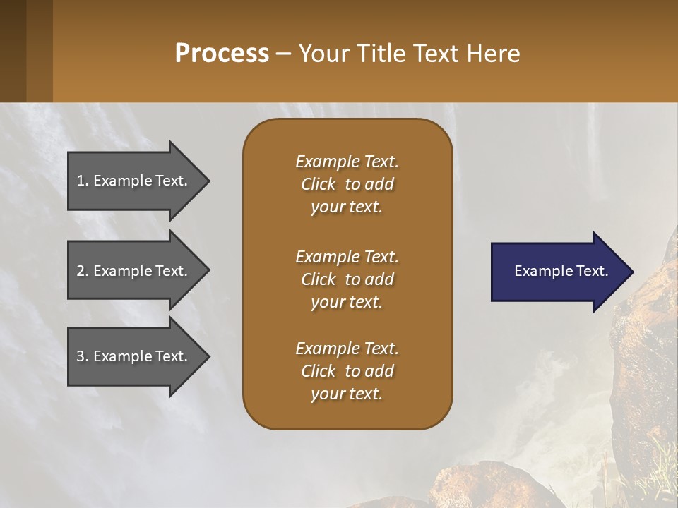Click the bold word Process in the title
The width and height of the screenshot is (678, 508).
click(222, 54)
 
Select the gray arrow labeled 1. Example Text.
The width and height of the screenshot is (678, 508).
click(134, 181)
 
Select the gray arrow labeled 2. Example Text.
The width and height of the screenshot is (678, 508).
click(134, 271)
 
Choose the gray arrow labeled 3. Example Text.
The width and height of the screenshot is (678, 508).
click(134, 356)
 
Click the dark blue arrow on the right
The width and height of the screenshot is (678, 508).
click(558, 271)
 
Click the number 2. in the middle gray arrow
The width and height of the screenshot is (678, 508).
click(83, 271)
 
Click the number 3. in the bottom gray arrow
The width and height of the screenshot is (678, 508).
click(83, 356)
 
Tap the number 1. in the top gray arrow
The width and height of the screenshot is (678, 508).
click(83, 181)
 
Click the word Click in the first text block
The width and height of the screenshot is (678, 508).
click(318, 184)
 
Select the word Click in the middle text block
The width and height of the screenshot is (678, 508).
click(318, 279)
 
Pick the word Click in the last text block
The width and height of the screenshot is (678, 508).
click(318, 371)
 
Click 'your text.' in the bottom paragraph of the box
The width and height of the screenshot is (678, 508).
click(346, 394)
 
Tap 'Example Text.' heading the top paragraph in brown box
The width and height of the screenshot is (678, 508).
click(347, 162)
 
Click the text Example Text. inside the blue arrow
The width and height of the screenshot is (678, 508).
click(561, 271)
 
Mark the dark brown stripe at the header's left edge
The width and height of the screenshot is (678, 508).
click(13, 51)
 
